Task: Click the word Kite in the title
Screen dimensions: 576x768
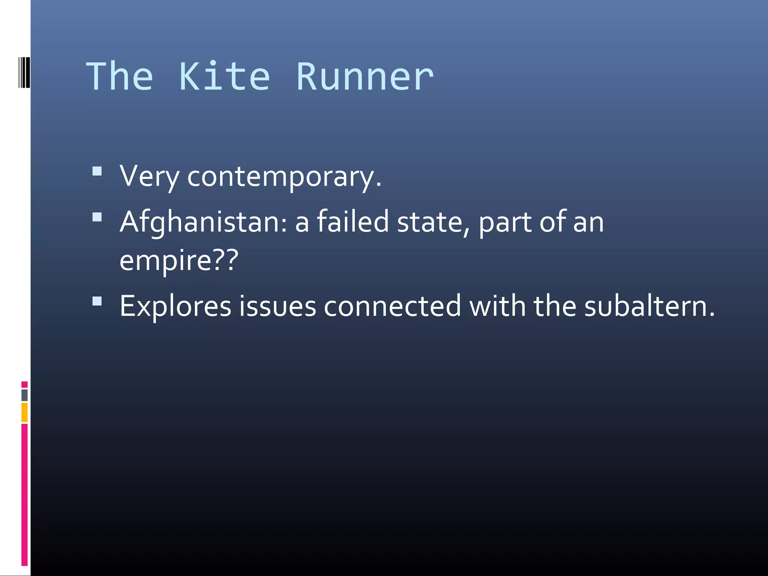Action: pos(224,77)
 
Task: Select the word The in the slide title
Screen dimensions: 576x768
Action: pos(120,77)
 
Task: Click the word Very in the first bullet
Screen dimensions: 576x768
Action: pos(149,176)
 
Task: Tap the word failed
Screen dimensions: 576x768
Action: pos(352,222)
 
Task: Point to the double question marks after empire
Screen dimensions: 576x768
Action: pos(226,259)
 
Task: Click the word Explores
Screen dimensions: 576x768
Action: pos(175,307)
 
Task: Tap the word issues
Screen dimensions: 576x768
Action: pos(277,307)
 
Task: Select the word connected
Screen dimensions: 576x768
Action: pos(392,306)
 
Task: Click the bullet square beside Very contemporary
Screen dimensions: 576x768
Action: pos(97,172)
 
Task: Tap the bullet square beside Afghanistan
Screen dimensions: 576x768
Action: pos(97,217)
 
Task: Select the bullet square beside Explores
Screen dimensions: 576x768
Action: pos(97,301)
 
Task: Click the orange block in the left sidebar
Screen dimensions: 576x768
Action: pos(24,412)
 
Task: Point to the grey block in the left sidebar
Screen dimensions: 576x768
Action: pos(24,395)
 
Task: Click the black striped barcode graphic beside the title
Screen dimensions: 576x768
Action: pos(24,72)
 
